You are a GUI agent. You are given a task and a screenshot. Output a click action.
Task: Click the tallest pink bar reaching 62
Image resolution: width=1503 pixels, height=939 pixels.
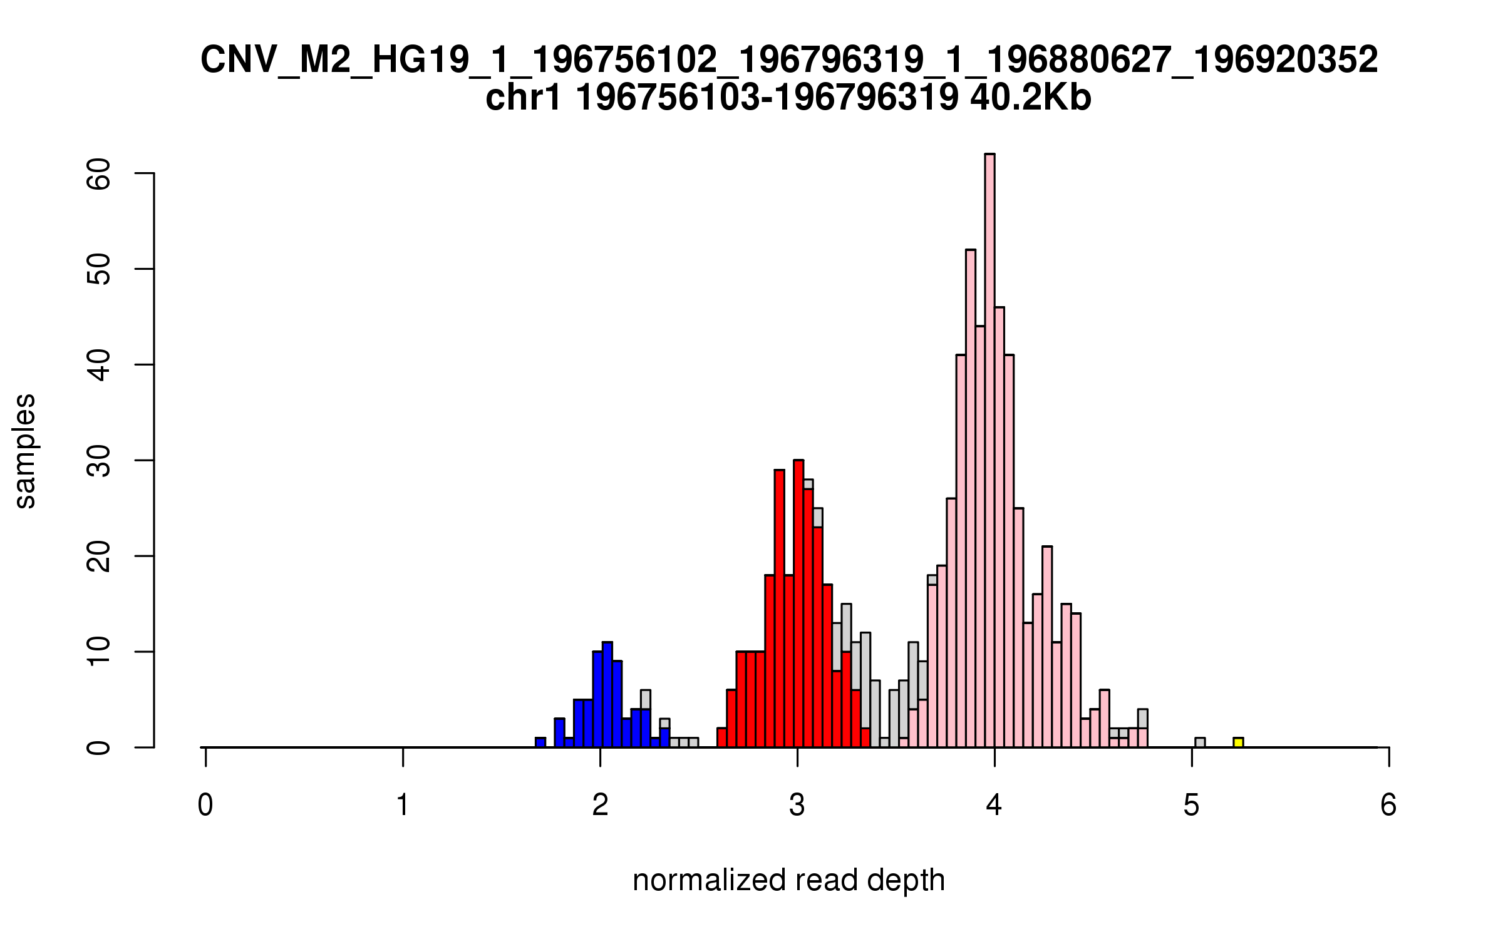(x=989, y=451)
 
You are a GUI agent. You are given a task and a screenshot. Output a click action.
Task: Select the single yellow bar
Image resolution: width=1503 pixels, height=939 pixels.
(x=1238, y=742)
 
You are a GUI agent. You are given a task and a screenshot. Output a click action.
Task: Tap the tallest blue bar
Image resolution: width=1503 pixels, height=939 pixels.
(x=607, y=695)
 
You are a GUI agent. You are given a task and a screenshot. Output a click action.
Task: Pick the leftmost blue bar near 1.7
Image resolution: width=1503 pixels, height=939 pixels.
(x=540, y=742)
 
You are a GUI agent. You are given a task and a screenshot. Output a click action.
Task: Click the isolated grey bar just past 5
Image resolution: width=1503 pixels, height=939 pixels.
(x=1200, y=742)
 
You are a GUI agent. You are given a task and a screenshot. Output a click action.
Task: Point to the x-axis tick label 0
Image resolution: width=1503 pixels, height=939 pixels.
(x=205, y=805)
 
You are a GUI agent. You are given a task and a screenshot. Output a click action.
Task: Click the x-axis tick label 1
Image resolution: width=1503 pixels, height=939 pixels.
(x=403, y=805)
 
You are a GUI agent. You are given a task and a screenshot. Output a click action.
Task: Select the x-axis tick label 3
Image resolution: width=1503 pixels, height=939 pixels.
(x=797, y=805)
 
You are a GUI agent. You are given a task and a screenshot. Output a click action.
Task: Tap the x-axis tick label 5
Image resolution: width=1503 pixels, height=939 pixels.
(x=1191, y=805)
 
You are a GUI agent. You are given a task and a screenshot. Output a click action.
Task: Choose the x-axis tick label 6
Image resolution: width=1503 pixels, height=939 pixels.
(x=1388, y=805)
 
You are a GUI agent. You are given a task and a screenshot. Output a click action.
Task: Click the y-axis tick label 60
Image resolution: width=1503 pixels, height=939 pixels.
(x=99, y=173)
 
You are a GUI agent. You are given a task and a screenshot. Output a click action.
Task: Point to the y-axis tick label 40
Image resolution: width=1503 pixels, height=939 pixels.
(x=99, y=365)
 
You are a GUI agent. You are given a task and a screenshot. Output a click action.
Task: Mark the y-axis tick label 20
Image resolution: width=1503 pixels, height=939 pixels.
(x=99, y=557)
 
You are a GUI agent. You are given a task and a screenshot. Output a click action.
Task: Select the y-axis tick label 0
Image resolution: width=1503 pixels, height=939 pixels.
(x=99, y=747)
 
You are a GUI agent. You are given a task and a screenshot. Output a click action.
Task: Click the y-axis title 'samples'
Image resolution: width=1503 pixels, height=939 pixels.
(x=25, y=451)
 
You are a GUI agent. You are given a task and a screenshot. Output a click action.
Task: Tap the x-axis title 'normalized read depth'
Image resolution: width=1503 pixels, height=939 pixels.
(x=788, y=880)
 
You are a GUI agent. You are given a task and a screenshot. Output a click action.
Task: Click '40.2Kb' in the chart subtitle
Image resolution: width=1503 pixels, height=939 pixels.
(x=1030, y=98)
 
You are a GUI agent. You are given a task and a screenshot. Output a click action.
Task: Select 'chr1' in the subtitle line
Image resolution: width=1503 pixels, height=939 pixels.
(x=523, y=98)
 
